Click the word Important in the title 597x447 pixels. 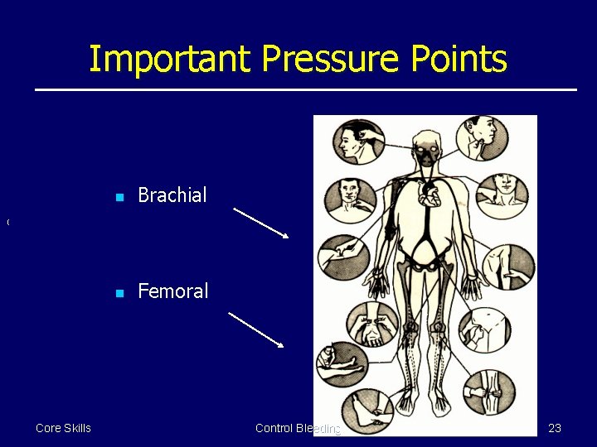[169, 60]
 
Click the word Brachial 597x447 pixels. [172, 195]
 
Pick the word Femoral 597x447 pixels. [172, 291]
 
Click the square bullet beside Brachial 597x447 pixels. [119, 197]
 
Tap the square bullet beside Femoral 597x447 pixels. [119, 293]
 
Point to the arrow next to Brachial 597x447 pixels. [260, 223]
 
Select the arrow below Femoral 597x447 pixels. [256, 329]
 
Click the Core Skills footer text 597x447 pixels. [63, 428]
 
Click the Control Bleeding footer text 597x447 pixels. [298, 428]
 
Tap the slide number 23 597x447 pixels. [555, 428]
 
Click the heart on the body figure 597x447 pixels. [431, 195]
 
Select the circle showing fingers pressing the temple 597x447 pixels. [358, 141]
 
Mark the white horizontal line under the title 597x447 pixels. [305, 89]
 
